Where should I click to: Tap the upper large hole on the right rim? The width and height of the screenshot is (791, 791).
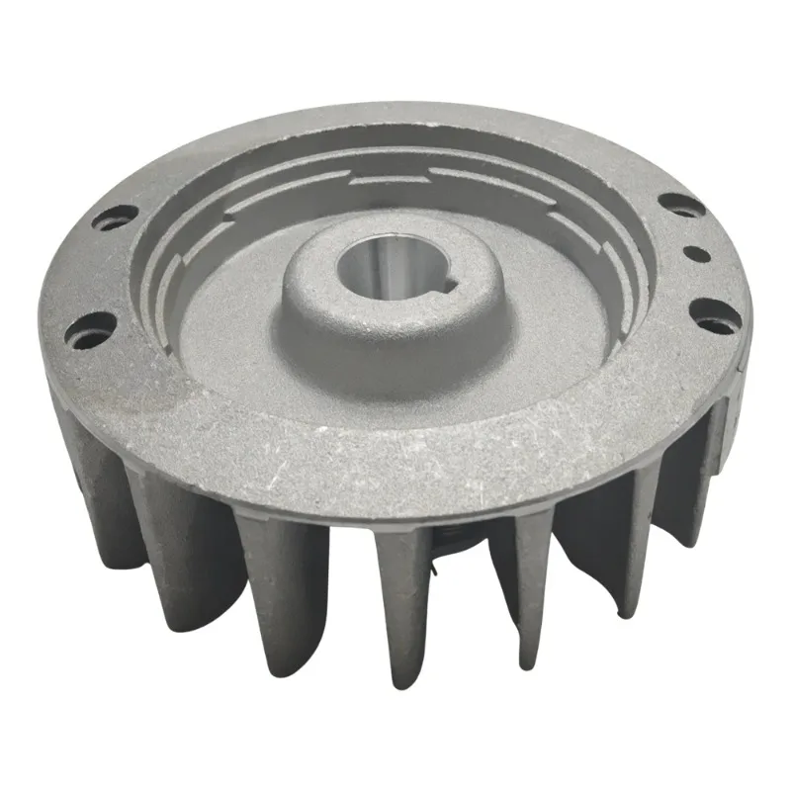[682, 205]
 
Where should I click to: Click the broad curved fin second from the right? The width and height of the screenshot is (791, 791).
[603, 544]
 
